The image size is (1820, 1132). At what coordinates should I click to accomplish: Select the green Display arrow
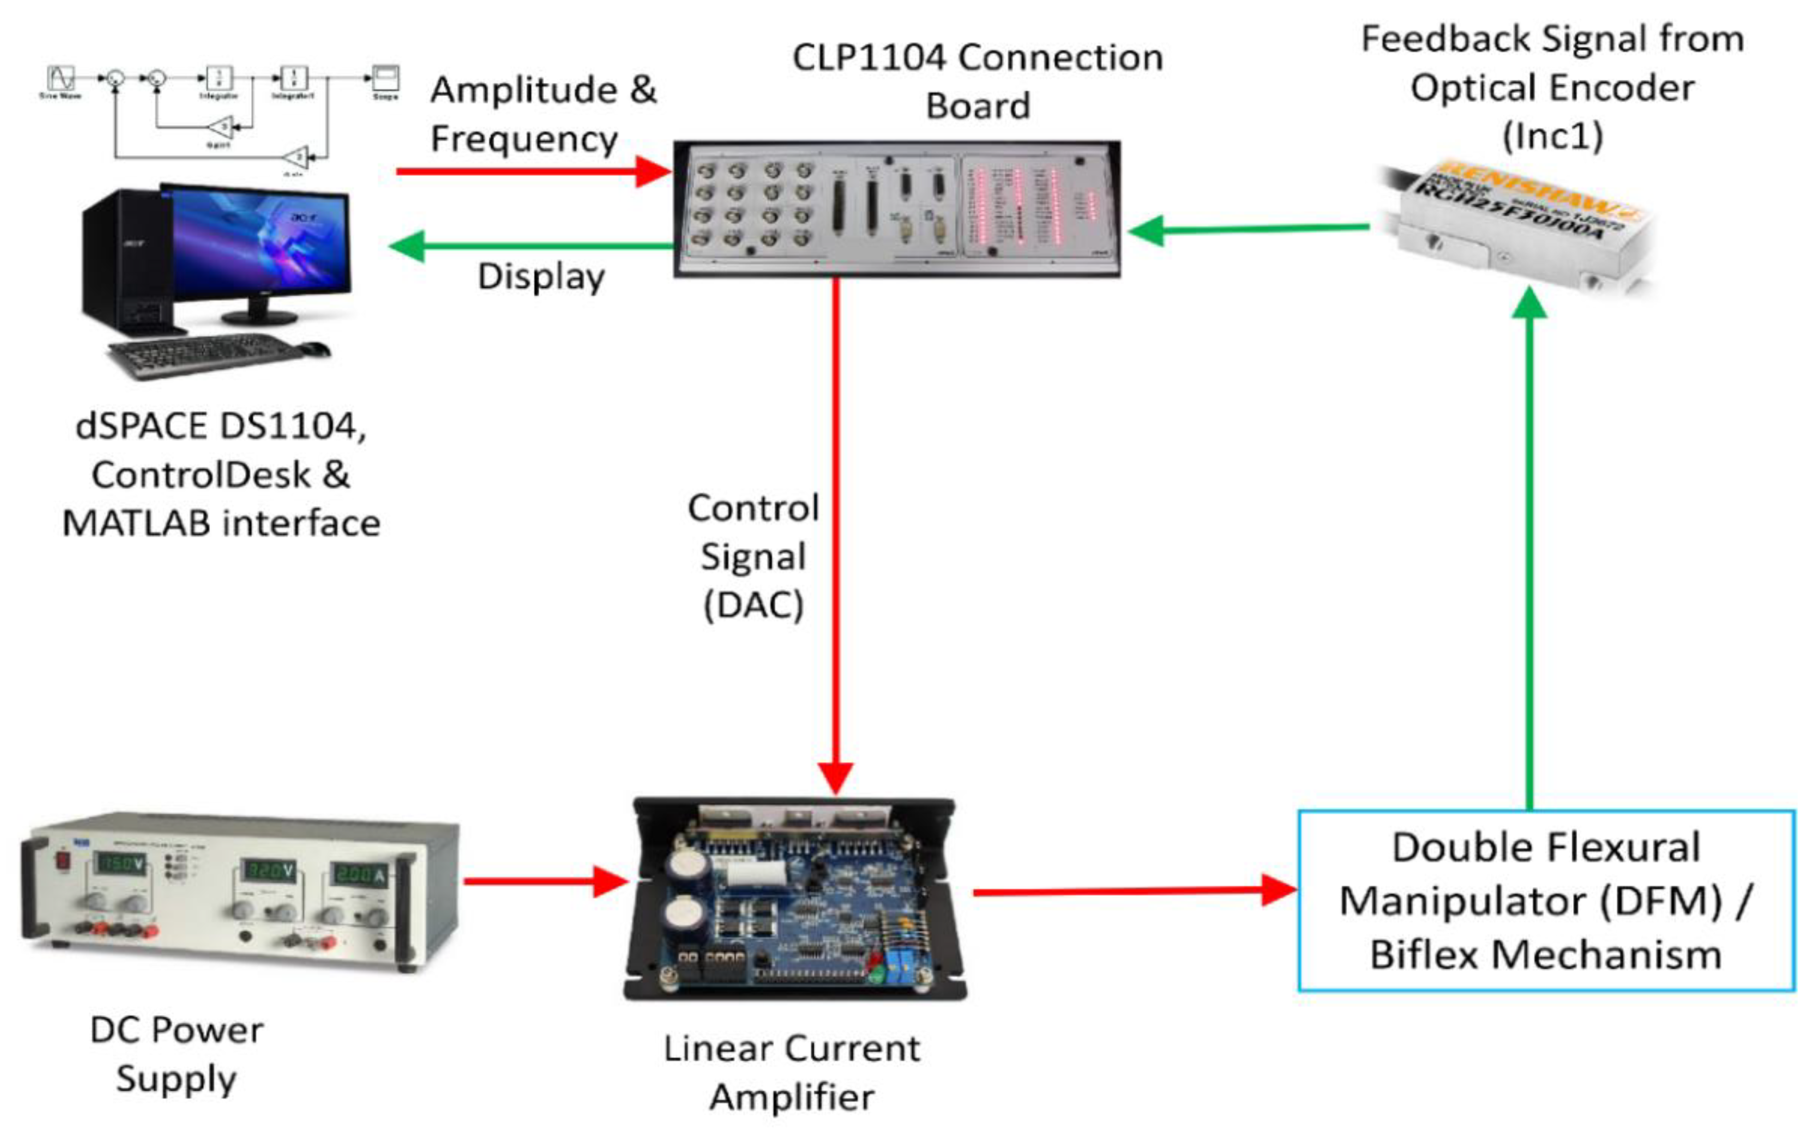coord(532,245)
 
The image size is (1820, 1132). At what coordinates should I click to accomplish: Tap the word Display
coord(541,277)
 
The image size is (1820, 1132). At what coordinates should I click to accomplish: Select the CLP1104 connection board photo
coord(897,209)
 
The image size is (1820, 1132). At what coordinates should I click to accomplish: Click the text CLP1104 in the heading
coord(869,58)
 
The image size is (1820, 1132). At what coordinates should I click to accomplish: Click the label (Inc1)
coord(1553,136)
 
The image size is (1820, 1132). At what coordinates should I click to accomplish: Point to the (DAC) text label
coord(753,605)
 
